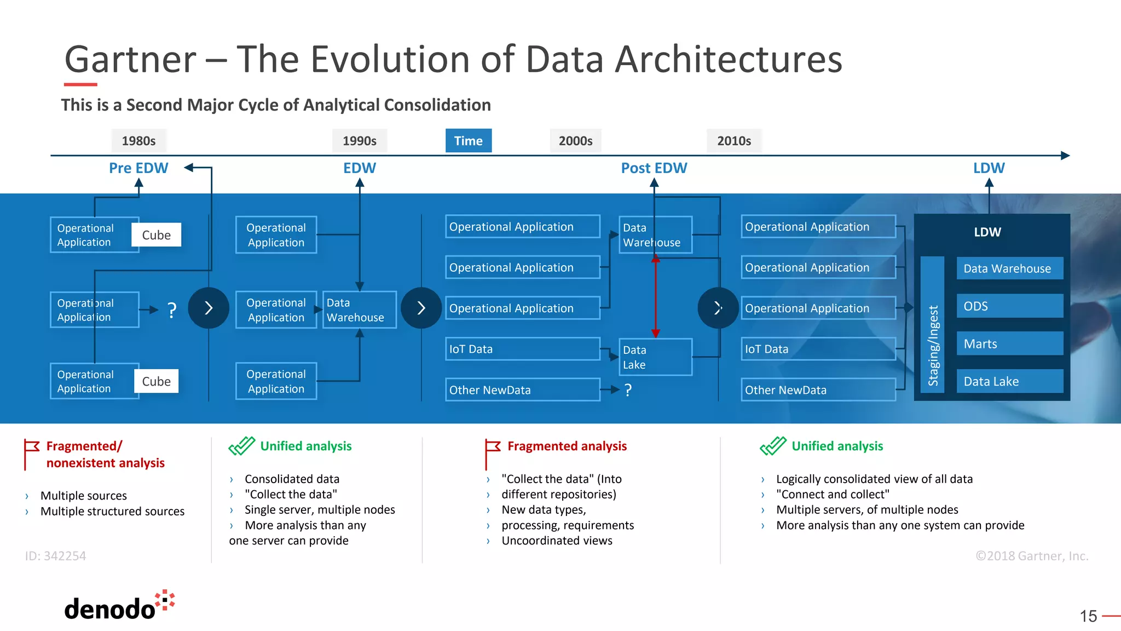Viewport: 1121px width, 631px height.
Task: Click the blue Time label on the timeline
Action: (x=468, y=141)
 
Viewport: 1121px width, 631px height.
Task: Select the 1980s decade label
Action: (x=138, y=141)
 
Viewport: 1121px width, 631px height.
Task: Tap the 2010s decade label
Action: (x=733, y=141)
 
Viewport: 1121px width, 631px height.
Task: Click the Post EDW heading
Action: (x=654, y=168)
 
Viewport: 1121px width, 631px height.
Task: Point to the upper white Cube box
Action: (x=156, y=235)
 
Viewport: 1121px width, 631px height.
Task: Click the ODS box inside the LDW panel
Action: (x=1009, y=306)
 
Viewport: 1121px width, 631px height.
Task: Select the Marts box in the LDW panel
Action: (x=1009, y=343)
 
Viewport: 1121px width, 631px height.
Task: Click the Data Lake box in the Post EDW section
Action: (x=655, y=357)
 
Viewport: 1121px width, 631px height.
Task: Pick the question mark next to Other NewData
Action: (x=628, y=390)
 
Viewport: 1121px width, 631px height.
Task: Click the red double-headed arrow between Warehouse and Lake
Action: (x=655, y=296)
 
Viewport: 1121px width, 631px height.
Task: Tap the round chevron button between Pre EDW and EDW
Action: (x=208, y=308)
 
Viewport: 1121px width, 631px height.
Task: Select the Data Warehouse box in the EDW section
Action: (x=359, y=310)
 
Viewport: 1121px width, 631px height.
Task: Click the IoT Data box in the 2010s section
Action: (x=818, y=349)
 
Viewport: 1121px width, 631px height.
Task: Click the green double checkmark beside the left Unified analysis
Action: (x=241, y=446)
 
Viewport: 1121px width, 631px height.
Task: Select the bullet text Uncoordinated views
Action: (x=557, y=541)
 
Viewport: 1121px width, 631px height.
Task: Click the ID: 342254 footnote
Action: (x=55, y=556)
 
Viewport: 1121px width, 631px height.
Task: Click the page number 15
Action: (x=1088, y=616)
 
